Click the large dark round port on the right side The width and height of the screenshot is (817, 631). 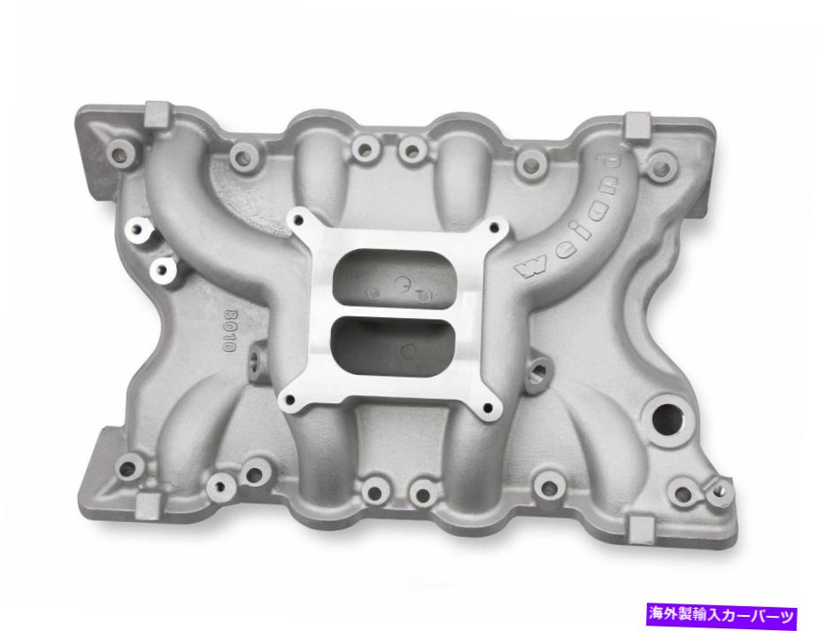(661, 410)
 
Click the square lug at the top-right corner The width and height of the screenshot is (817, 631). (637, 126)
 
